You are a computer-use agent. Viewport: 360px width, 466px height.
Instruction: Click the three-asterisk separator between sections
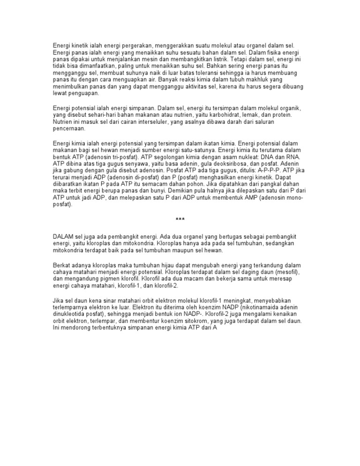(x=180, y=219)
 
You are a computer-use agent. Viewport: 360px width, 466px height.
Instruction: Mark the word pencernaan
(x=69, y=128)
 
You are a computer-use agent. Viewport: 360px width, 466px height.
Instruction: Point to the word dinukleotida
(x=71, y=315)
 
